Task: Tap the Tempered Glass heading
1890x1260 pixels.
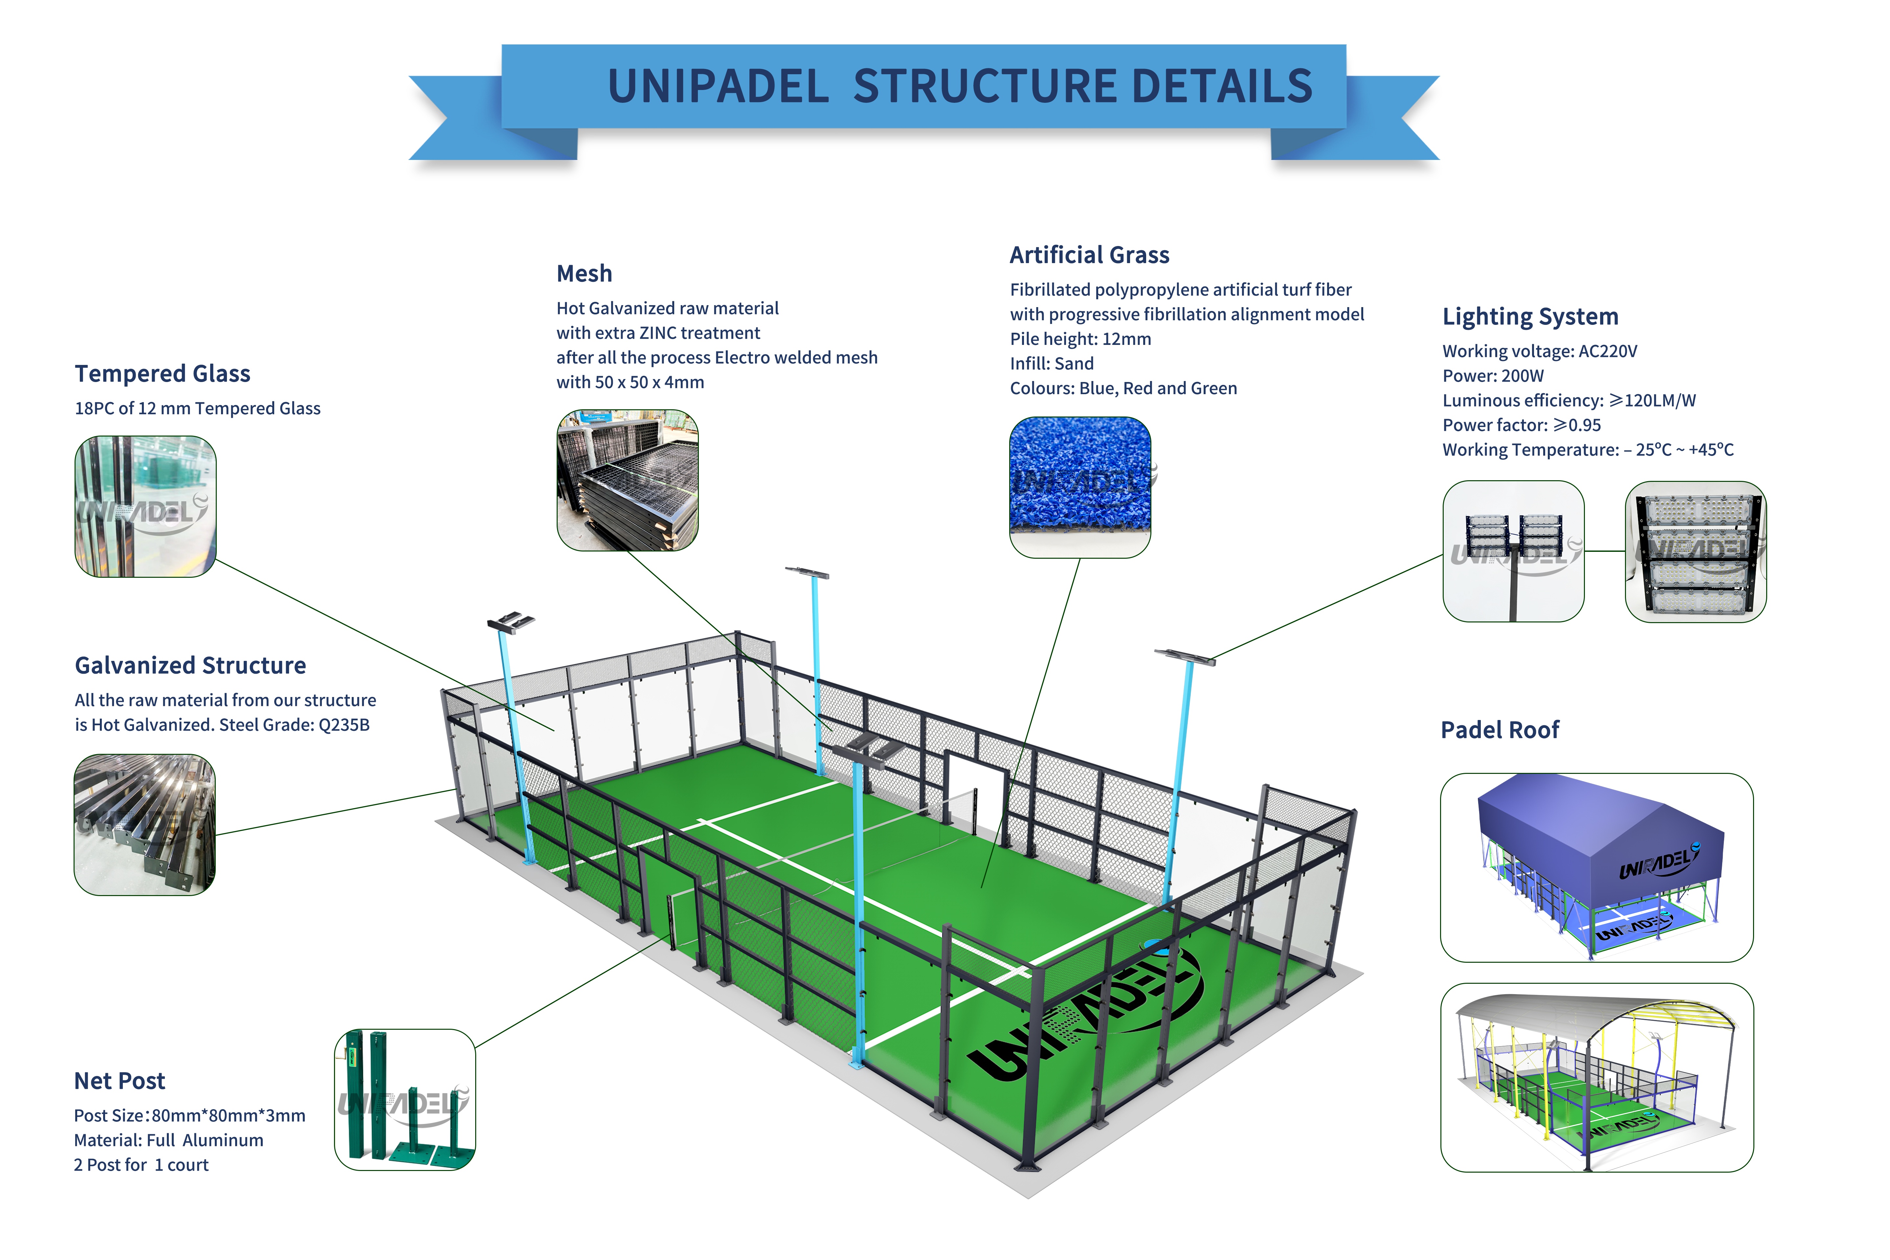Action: point(162,374)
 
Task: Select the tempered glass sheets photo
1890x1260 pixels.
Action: point(145,506)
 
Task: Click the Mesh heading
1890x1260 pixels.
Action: point(584,274)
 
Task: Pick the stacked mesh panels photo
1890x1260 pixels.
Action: point(627,481)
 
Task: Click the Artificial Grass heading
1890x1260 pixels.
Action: point(1089,256)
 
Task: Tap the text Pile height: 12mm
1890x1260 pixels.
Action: point(1080,339)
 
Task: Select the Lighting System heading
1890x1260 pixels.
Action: point(1529,317)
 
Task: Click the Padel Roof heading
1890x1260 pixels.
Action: point(1499,730)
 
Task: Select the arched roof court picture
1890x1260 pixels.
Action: point(1596,1077)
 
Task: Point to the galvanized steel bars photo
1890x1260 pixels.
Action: point(145,824)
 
